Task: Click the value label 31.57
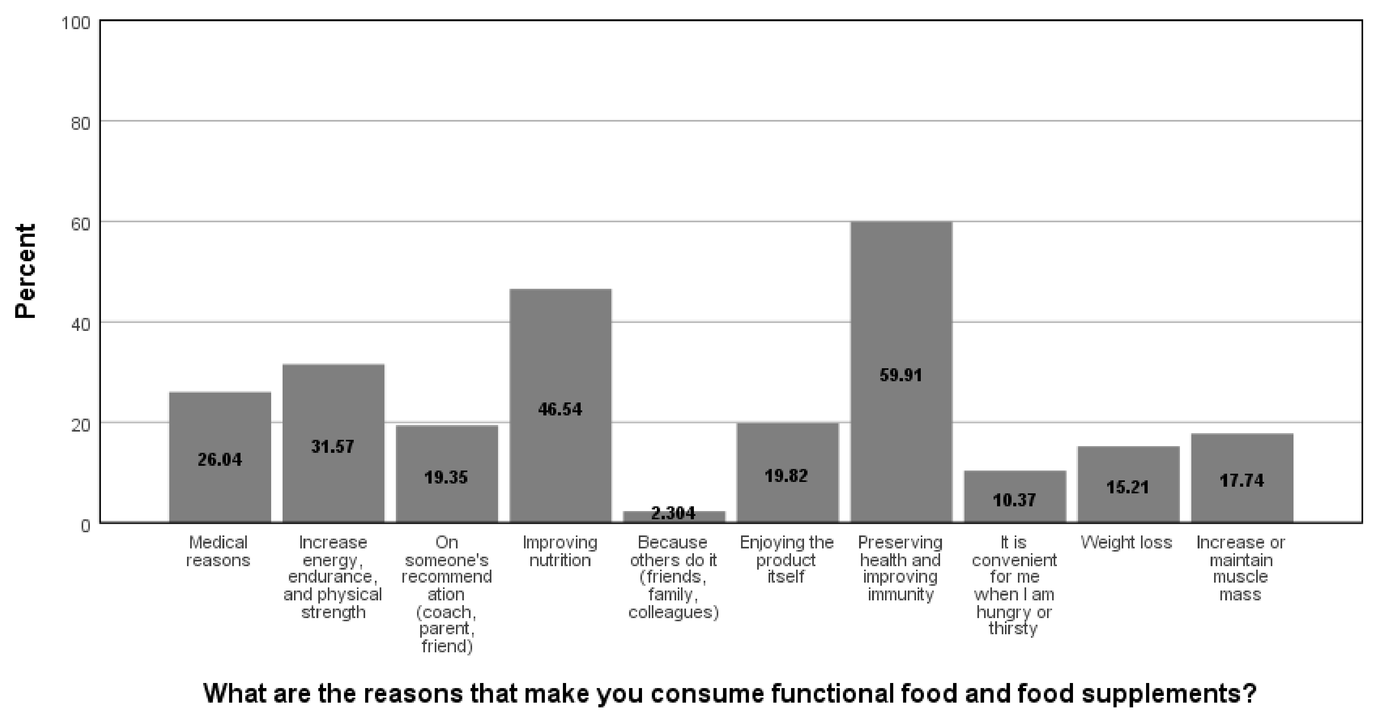point(333,446)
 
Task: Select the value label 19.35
point(446,477)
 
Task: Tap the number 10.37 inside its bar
point(1014,500)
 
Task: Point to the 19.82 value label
point(786,475)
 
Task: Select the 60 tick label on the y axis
point(80,224)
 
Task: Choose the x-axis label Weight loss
point(1126,543)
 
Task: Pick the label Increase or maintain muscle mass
point(1241,568)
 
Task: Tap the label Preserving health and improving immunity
point(900,568)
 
